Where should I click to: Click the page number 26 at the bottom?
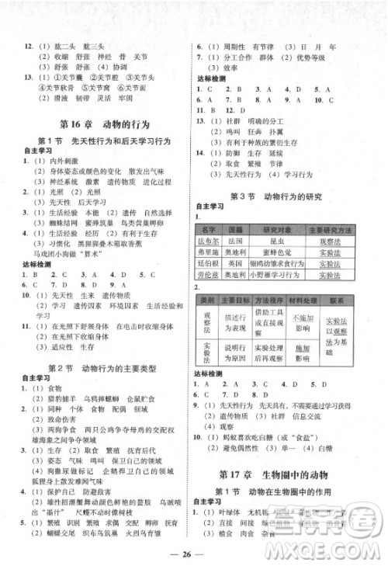[x=194, y=553]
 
